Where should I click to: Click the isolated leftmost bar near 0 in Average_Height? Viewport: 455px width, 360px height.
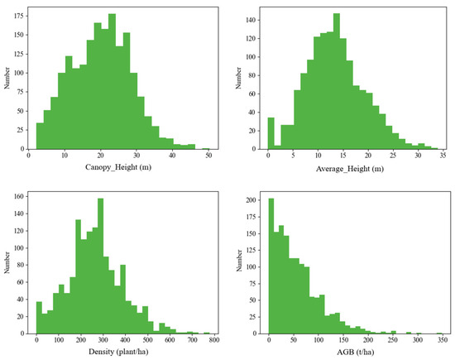point(271,133)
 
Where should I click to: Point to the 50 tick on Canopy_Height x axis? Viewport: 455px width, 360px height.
point(208,156)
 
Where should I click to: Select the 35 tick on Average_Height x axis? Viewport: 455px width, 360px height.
point(442,156)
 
